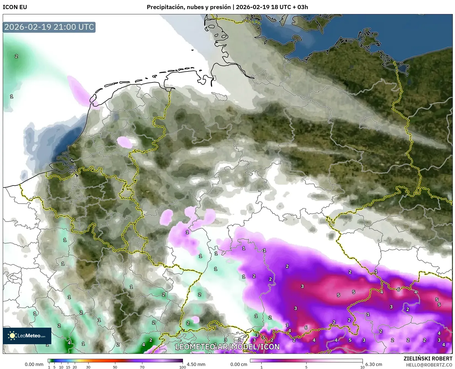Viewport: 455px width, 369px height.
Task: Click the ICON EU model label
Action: pyautogui.click(x=15, y=7)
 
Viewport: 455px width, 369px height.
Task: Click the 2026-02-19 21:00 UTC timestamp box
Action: pyautogui.click(x=49, y=27)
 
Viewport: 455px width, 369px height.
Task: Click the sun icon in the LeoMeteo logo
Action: pyautogui.click(x=12, y=335)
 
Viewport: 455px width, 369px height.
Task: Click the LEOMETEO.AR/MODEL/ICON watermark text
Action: pyautogui.click(x=227, y=347)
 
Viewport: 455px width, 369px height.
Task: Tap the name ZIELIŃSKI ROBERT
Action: pyautogui.click(x=428, y=359)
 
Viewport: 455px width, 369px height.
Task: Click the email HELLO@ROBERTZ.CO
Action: pyautogui.click(x=429, y=365)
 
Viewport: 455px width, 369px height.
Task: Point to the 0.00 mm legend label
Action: pyautogui.click(x=34, y=364)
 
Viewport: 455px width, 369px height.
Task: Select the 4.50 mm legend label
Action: pyautogui.click(x=196, y=364)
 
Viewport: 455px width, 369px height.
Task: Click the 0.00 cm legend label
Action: pyautogui.click(x=239, y=364)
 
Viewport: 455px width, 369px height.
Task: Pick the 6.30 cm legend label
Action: pyautogui.click(x=373, y=364)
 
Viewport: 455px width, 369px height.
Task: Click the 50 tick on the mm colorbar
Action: pyautogui.click(x=115, y=367)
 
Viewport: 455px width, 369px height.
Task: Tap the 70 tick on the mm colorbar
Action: pyautogui.click(x=142, y=367)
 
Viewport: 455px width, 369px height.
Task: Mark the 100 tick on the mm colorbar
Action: pyautogui.click(x=182, y=367)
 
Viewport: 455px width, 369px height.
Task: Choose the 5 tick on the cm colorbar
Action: pyautogui.click(x=306, y=367)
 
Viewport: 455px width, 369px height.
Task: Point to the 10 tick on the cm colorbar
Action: pyautogui.click(x=362, y=367)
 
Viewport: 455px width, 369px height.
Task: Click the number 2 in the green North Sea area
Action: pyautogui.click(x=16, y=56)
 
